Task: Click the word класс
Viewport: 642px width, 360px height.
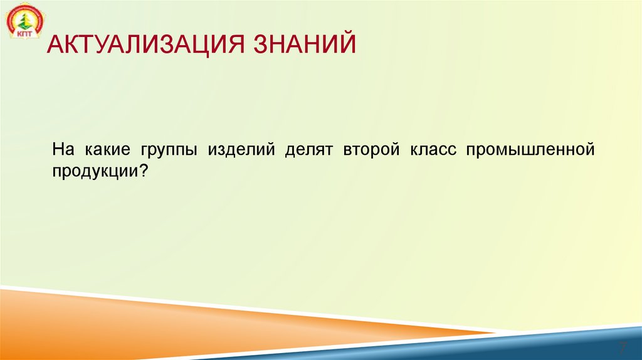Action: click(x=433, y=151)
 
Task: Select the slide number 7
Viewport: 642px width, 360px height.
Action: click(x=623, y=347)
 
